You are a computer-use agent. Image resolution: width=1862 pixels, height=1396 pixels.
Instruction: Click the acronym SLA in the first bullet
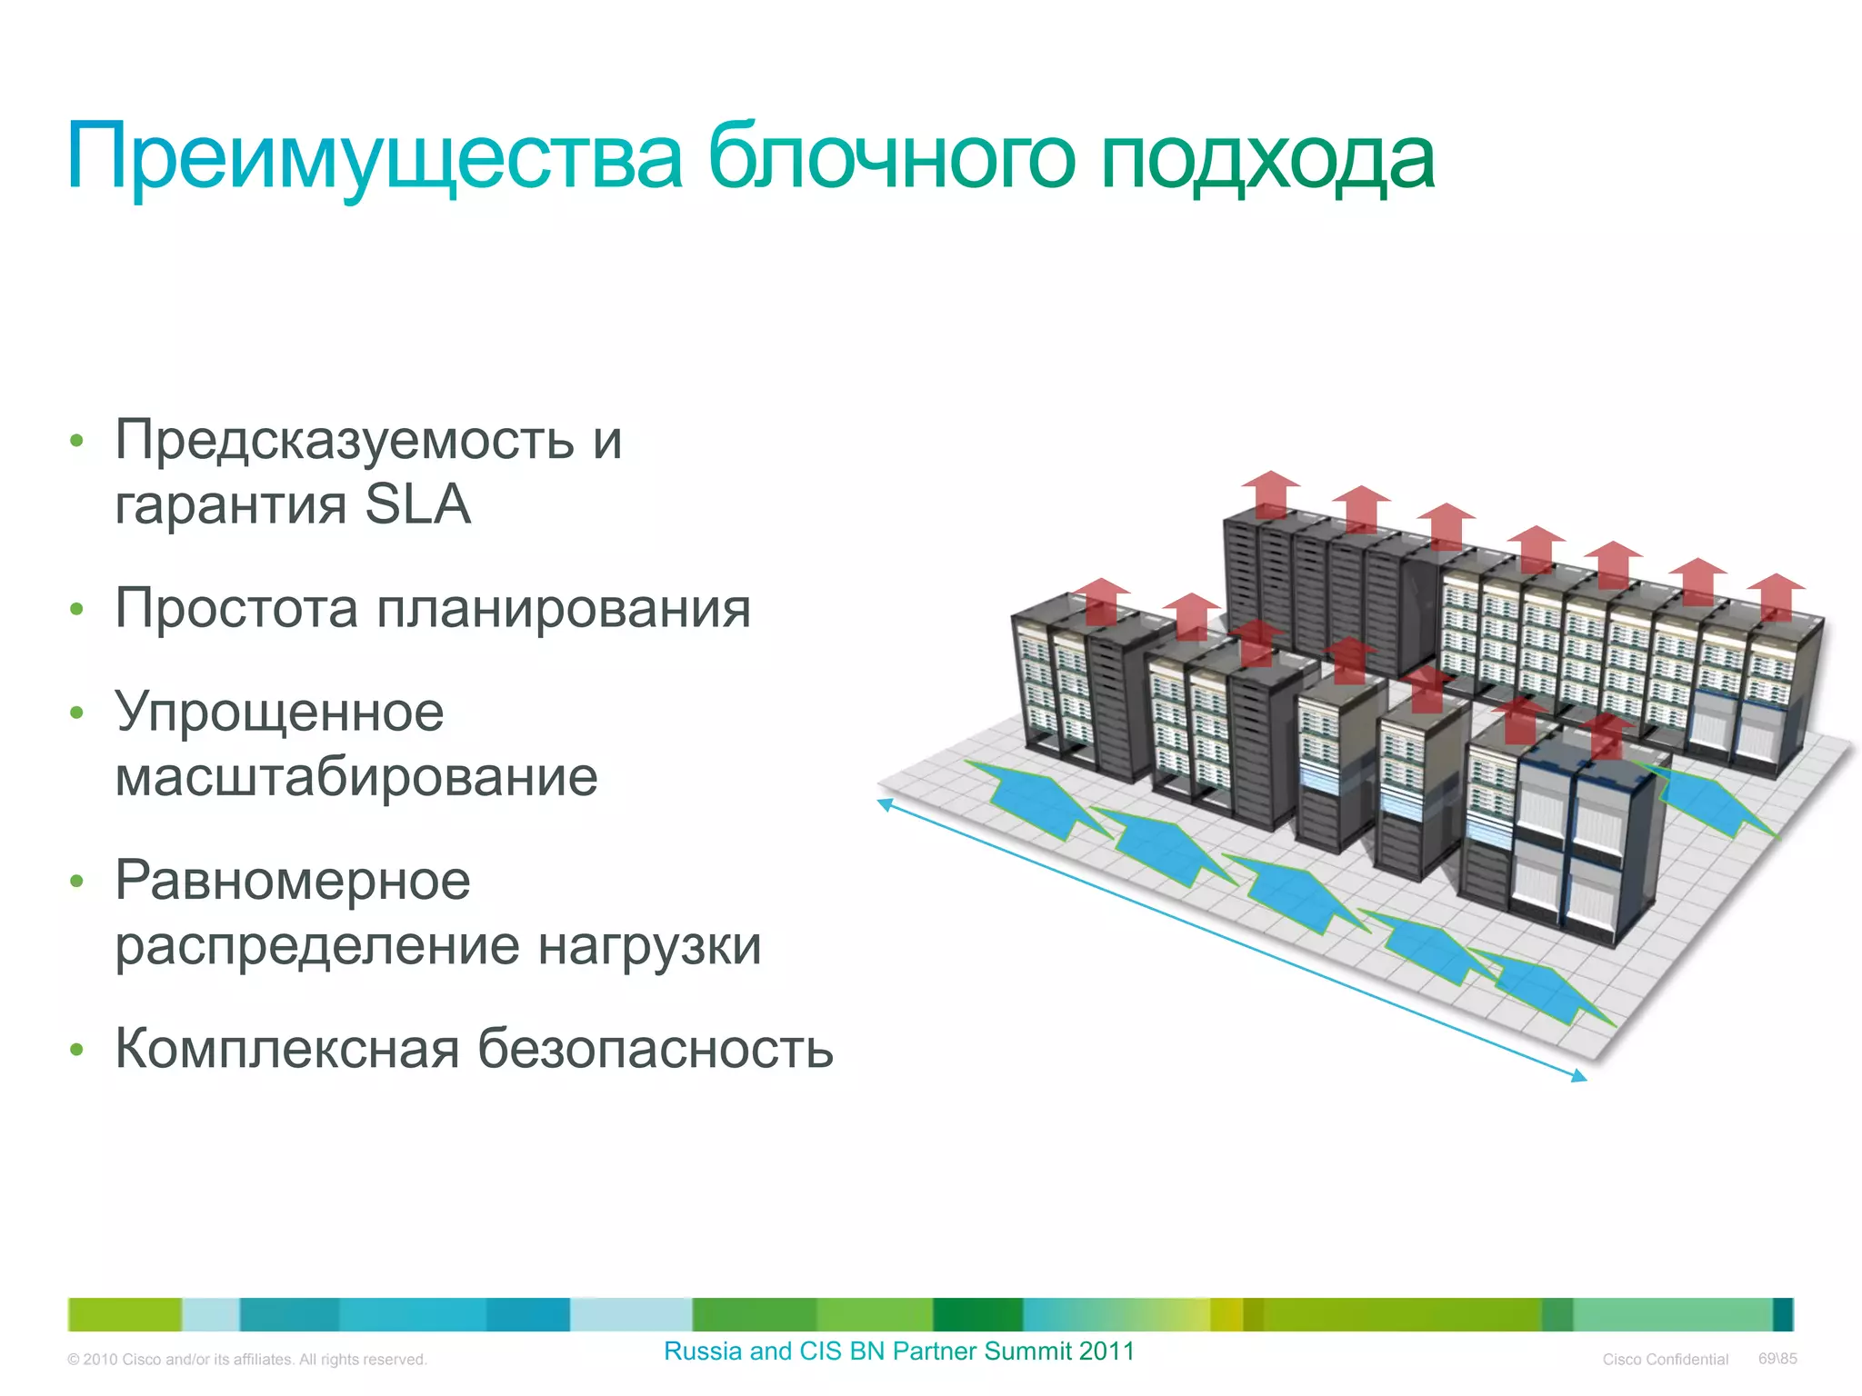[x=417, y=504]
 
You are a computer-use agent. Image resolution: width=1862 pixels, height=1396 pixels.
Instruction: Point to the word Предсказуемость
[x=345, y=441]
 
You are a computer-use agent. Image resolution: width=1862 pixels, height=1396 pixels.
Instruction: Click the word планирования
[x=564, y=608]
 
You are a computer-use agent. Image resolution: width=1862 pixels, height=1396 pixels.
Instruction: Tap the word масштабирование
[x=356, y=777]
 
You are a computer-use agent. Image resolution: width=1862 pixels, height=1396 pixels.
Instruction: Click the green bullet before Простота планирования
[x=77, y=610]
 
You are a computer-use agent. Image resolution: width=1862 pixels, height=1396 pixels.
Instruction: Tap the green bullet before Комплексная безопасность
[x=77, y=1051]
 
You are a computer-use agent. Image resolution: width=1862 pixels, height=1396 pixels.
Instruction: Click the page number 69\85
[x=1777, y=1359]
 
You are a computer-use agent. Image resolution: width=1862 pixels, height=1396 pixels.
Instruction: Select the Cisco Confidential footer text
[x=1665, y=1360]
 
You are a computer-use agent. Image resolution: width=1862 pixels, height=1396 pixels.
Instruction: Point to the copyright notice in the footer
[x=247, y=1360]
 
